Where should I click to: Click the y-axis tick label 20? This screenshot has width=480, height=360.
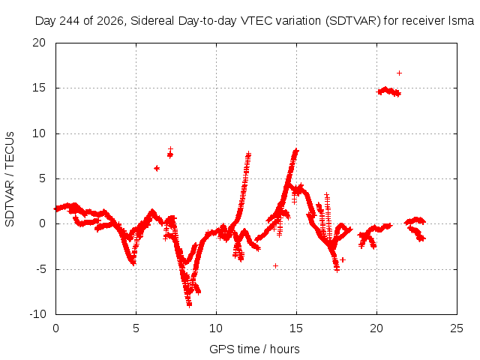[x=39, y=43]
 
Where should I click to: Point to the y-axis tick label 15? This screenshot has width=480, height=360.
[x=39, y=88]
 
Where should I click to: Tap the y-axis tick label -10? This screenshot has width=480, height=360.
[x=37, y=314]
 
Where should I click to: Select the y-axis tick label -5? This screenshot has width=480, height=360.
[x=40, y=269]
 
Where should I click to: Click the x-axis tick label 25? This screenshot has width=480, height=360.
[x=457, y=328]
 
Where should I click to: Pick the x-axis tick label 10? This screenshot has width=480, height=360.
[x=216, y=328]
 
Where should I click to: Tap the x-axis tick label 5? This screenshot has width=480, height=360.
[x=136, y=328]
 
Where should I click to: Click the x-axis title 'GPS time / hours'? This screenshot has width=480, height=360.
[x=254, y=349]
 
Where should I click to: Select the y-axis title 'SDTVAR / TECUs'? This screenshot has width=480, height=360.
[x=10, y=179]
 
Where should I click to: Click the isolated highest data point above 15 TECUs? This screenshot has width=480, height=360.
[x=399, y=73]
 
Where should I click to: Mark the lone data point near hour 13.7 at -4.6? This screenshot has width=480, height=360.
[x=275, y=265]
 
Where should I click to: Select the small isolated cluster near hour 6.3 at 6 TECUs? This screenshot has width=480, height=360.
[x=157, y=168]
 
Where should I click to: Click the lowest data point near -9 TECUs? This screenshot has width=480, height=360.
[x=189, y=304]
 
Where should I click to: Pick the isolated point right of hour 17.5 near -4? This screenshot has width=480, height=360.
[x=343, y=260]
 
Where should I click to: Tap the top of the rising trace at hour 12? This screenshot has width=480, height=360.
[x=248, y=153]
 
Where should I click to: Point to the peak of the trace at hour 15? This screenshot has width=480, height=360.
[x=296, y=150]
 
